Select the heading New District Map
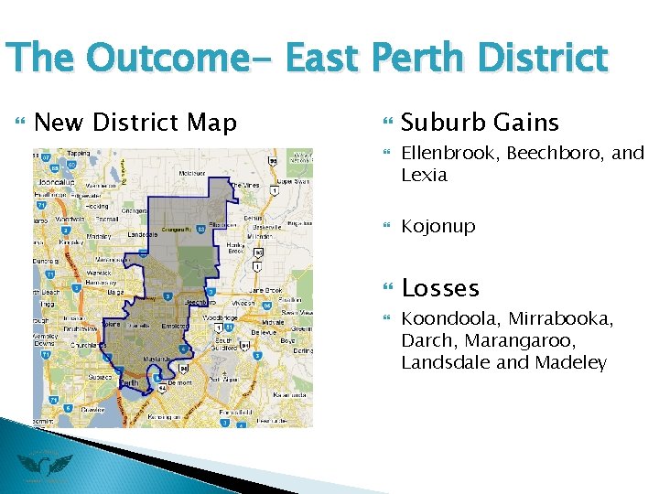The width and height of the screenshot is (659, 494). coord(135,122)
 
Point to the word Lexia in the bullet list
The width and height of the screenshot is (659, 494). coord(424,174)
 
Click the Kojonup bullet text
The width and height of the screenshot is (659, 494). coord(438,226)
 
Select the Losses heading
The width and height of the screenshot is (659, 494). coord(440,288)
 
